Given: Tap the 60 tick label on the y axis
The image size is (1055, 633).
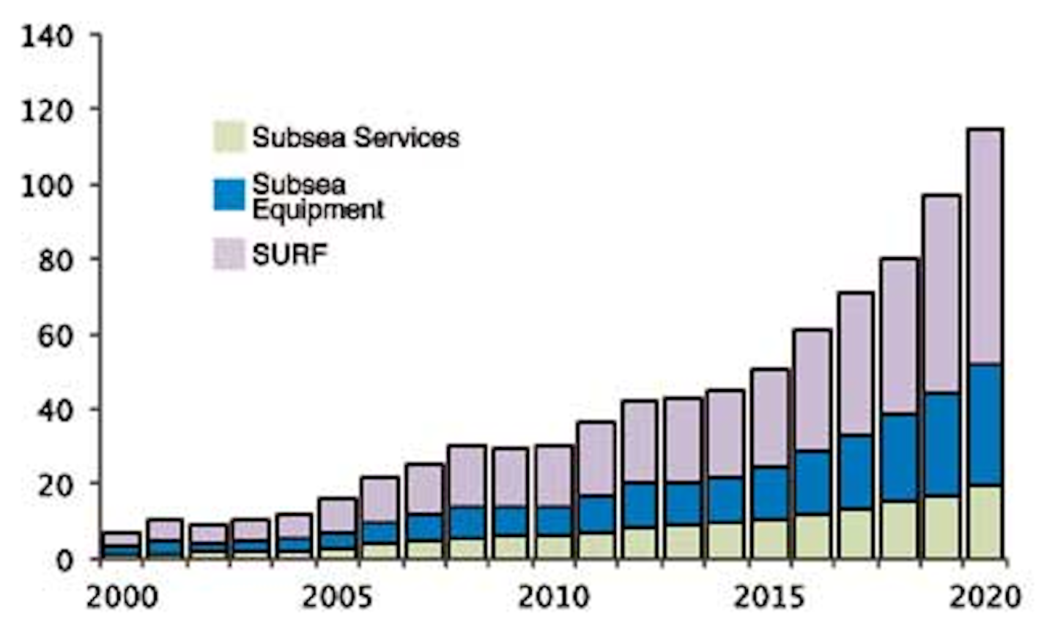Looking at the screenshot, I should [x=55, y=336].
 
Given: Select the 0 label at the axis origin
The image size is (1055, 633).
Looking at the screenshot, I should [x=65, y=560].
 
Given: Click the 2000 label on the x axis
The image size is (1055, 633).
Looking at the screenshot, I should [x=122, y=597].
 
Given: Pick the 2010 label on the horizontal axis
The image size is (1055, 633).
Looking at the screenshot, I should [x=554, y=597].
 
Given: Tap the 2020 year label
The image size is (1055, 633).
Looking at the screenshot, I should [x=985, y=597].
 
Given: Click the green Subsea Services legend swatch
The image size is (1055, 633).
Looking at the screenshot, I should [x=229, y=137].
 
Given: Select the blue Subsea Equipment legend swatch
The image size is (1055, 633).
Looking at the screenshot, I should [x=229, y=195].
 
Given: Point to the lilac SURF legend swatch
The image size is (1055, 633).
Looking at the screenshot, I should [x=229, y=254].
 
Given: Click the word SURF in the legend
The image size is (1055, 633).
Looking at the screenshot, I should [x=289, y=254].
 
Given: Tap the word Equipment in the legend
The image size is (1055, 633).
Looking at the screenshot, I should [x=318, y=210].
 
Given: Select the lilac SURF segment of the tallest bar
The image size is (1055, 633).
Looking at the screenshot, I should [x=985, y=245].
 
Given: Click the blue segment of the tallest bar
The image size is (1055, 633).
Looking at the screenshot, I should [x=985, y=425].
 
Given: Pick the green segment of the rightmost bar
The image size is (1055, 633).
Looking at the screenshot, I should [x=985, y=522].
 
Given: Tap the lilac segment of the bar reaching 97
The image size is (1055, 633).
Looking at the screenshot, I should [x=941, y=293].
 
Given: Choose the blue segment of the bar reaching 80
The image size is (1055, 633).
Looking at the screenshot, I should [x=898, y=458].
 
